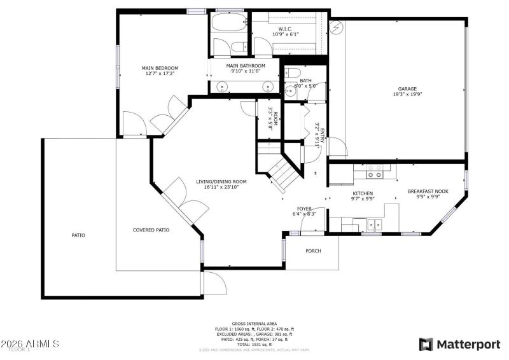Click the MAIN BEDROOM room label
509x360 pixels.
pos(160,68)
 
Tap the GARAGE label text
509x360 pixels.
pos(407,88)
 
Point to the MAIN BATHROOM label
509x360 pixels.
pos(246,66)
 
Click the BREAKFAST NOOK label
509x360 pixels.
pos(428,190)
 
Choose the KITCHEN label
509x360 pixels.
pos(363,193)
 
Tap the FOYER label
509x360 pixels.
pos(304,208)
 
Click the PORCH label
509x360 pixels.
pos(313,251)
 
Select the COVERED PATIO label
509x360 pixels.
pos(151,230)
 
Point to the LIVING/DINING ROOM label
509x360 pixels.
pos(221,181)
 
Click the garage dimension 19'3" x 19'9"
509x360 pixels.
pos(407,94)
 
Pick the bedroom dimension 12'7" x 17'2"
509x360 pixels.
pos(160,74)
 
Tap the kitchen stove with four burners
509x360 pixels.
pos(375,172)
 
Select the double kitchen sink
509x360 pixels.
pos(374,224)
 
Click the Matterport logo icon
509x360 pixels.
pos(426,345)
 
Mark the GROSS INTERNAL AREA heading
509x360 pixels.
pos(254,324)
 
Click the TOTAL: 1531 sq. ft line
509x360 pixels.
pos(254,344)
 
